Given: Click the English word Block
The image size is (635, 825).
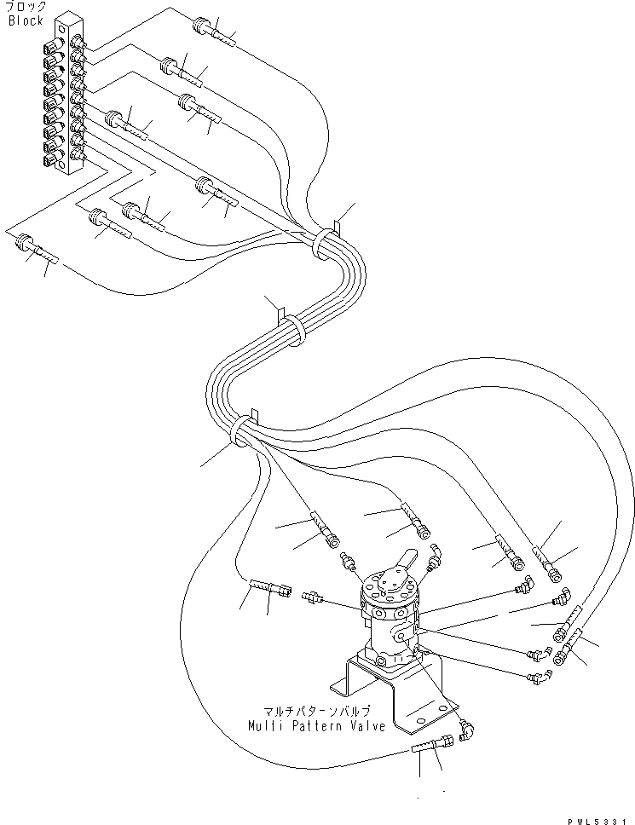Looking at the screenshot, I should [x=26, y=20].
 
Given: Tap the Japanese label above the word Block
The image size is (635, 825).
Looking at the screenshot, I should [x=26, y=8].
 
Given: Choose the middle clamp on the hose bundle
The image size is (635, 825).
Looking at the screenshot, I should [x=291, y=328].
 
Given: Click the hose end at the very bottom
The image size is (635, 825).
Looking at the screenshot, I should [x=430, y=749].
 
